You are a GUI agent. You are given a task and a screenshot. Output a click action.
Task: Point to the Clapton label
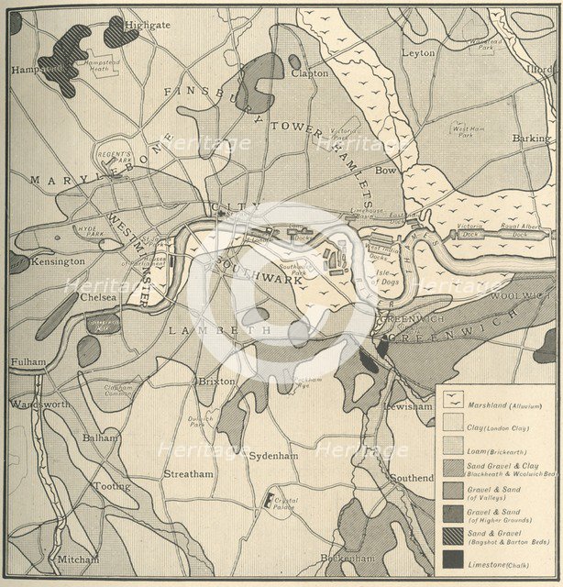(x=311, y=72)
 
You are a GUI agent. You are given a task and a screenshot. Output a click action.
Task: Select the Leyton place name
(x=418, y=53)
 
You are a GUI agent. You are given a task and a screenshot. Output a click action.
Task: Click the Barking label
(x=532, y=138)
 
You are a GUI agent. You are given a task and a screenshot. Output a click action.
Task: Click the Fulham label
(x=28, y=362)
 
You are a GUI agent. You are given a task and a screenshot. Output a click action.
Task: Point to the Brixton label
(x=215, y=381)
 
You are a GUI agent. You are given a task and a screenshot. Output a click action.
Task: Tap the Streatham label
(x=188, y=474)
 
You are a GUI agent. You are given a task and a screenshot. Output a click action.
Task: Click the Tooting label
(x=112, y=486)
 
